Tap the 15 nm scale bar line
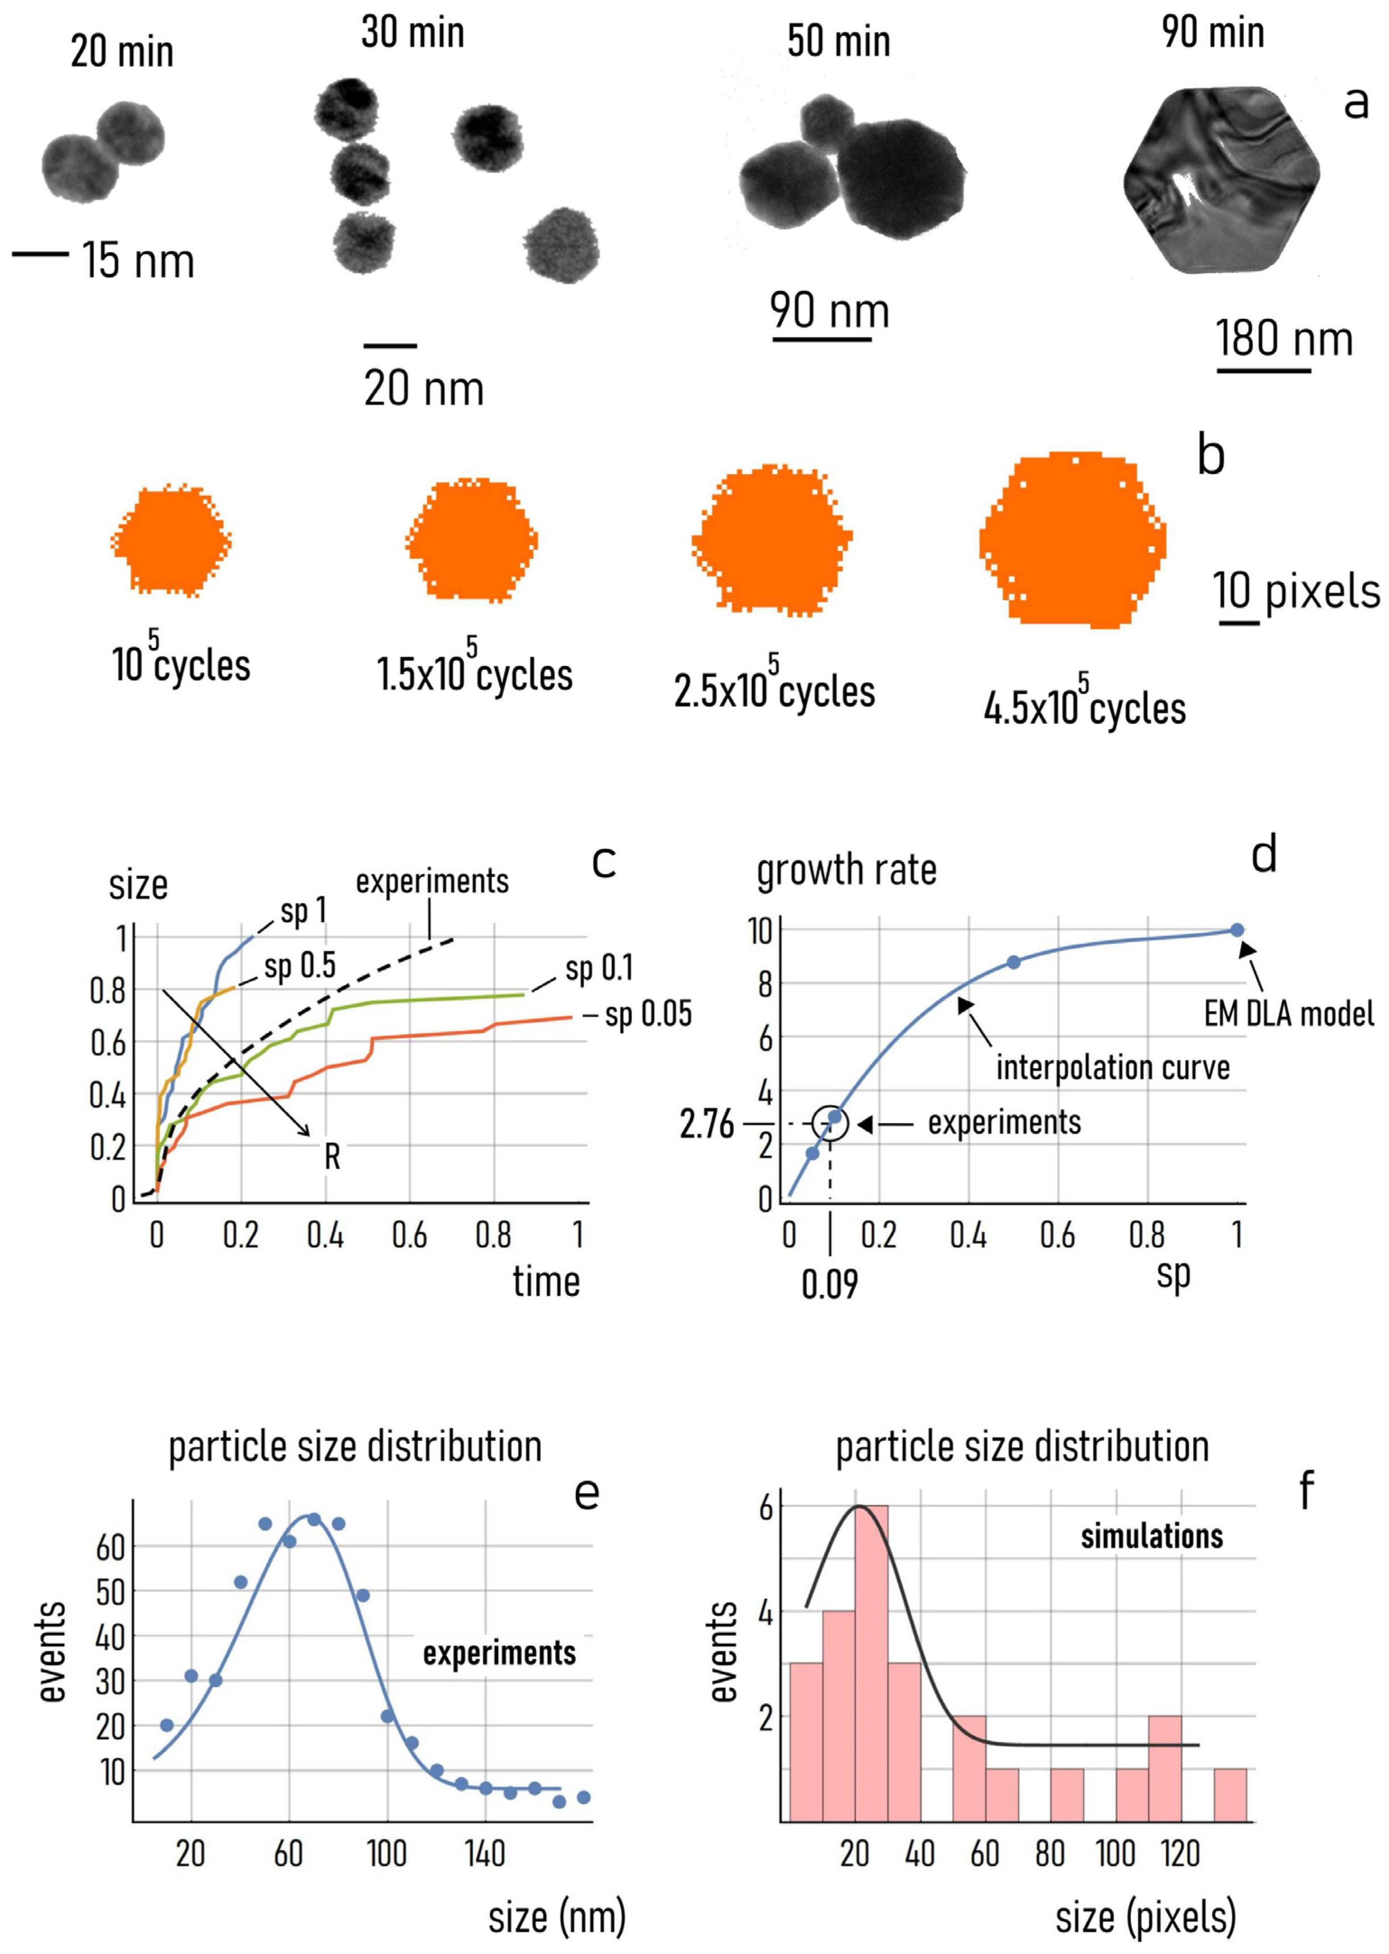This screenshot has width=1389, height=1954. pos(40,253)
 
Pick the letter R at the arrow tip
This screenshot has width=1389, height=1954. pos(332,1157)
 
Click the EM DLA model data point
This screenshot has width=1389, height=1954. pos(1237,930)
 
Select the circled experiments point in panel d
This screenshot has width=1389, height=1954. pos(834,1117)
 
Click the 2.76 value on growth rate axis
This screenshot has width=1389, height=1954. pos(707,1124)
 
